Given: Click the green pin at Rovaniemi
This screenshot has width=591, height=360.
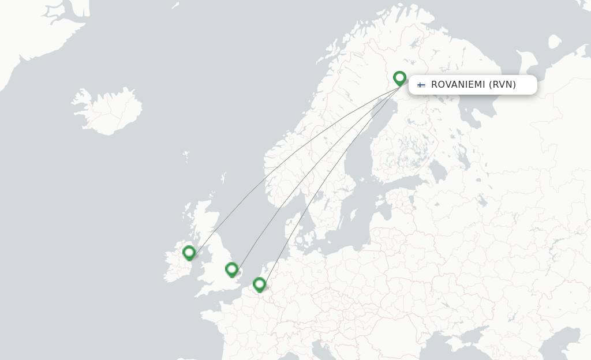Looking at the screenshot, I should point(399,78).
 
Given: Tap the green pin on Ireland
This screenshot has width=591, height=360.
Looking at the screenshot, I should point(189,253).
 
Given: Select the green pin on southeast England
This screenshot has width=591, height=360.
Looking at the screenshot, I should point(231,269).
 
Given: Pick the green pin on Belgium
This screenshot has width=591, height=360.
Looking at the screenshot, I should point(259,284).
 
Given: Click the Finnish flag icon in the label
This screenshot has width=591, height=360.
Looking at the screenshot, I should point(421,85).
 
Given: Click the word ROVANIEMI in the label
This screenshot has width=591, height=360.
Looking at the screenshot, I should point(458,85).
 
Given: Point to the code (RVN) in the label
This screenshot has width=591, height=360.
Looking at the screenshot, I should point(502,85).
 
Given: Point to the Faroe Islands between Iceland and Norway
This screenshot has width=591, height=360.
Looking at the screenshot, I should point(185,156).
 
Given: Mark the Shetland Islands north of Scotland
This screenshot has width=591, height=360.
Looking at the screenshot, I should point(223,178).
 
